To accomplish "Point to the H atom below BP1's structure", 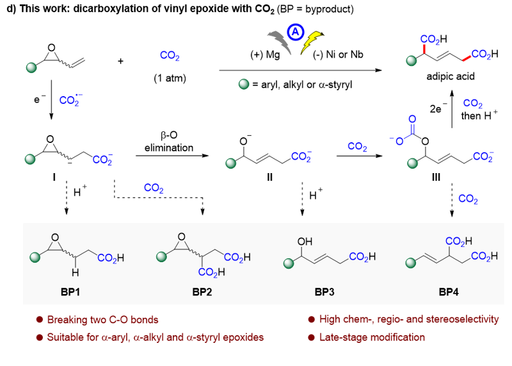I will point(74,274).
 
